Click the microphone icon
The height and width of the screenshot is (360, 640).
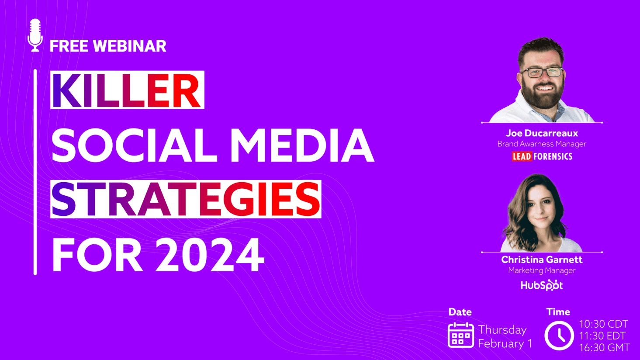point(35,35)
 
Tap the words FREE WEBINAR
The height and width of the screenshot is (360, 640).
point(108,46)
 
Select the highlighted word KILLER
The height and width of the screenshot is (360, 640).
point(127,90)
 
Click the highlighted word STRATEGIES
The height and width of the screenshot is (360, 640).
point(186,199)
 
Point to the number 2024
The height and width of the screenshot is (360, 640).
point(210,255)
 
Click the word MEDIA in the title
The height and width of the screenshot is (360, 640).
point(302,145)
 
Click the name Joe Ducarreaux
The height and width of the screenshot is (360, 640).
point(542,133)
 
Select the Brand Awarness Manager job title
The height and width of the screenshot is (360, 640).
point(542,144)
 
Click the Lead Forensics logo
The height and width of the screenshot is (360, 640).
point(542,156)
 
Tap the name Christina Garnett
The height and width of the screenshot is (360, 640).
point(542,260)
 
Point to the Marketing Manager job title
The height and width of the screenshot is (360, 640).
point(542,270)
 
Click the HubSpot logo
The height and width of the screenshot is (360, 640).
point(542,285)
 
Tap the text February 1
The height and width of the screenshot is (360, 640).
point(505,344)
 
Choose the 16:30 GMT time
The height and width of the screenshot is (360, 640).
point(604,348)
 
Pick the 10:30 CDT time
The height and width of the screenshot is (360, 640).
point(603,324)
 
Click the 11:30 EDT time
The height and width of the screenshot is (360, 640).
point(602,336)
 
